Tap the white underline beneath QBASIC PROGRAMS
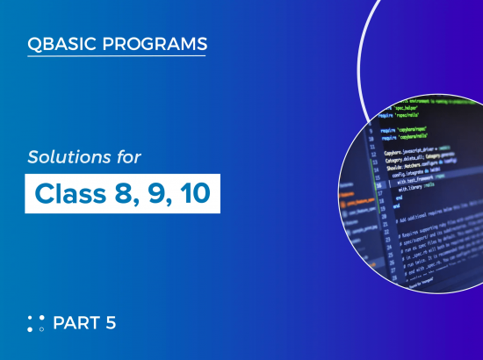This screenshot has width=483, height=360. [118, 56]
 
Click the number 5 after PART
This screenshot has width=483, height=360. [112, 323]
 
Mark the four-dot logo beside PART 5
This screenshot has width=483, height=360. [36, 323]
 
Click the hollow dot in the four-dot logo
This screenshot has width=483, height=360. [41, 329]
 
